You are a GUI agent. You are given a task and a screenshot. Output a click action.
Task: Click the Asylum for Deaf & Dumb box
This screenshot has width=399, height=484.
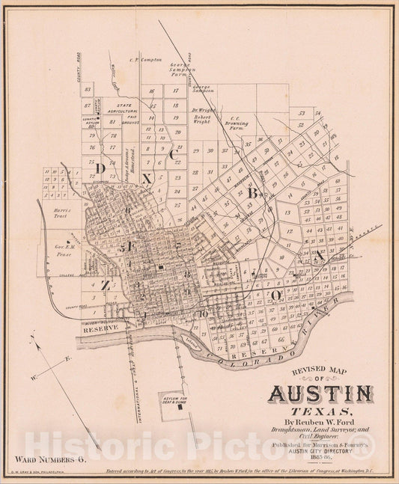176,402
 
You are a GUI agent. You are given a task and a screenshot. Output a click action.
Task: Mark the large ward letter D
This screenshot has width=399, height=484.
100,168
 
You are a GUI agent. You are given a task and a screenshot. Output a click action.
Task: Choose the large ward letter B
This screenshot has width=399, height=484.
253,194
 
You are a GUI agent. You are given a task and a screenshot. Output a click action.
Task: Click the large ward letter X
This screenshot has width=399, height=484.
147,179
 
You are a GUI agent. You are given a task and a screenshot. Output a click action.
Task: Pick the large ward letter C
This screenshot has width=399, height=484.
174,155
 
